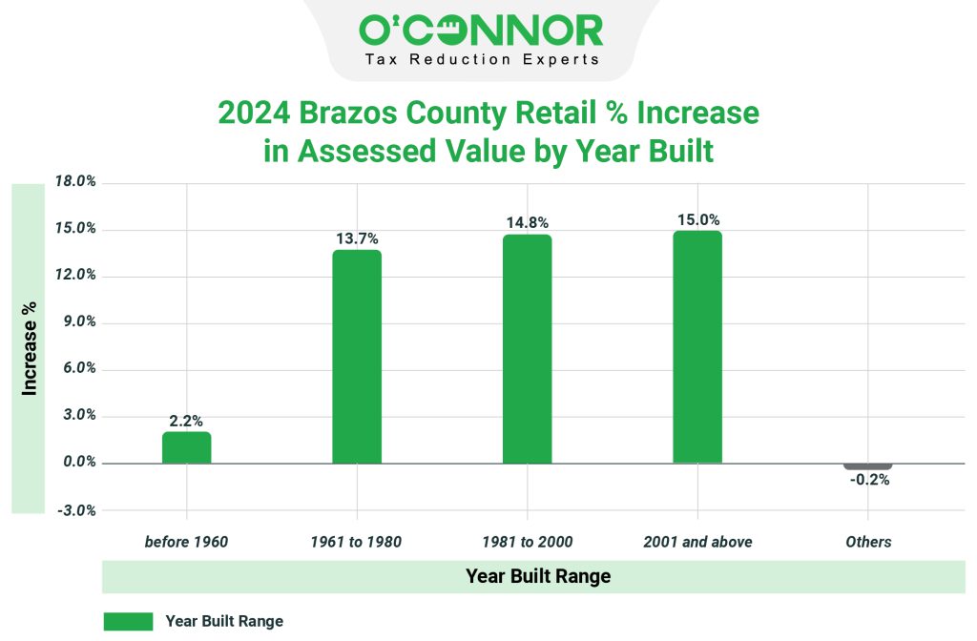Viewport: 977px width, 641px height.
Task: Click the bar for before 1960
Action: (186, 447)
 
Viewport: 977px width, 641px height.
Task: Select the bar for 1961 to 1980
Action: (357, 357)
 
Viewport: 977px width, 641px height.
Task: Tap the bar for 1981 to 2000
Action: (528, 349)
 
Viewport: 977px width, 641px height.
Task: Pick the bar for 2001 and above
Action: (697, 347)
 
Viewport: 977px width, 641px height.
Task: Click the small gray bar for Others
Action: (868, 465)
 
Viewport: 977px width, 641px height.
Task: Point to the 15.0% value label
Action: (698, 219)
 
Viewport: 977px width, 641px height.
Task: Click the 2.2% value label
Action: (186, 421)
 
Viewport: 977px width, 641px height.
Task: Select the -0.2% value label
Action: (869, 481)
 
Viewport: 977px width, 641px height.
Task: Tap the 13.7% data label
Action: (357, 238)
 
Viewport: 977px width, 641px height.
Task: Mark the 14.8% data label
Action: (528, 223)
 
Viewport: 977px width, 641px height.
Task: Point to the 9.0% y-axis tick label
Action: (76, 322)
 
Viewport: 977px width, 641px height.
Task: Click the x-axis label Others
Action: (868, 542)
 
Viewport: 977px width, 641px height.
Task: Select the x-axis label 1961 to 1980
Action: (357, 542)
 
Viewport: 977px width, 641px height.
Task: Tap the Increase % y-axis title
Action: (30, 349)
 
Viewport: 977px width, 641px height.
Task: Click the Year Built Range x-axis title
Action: (538, 576)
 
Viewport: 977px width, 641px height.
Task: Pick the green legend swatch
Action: (128, 621)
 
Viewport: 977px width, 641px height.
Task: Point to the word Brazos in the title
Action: (346, 114)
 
